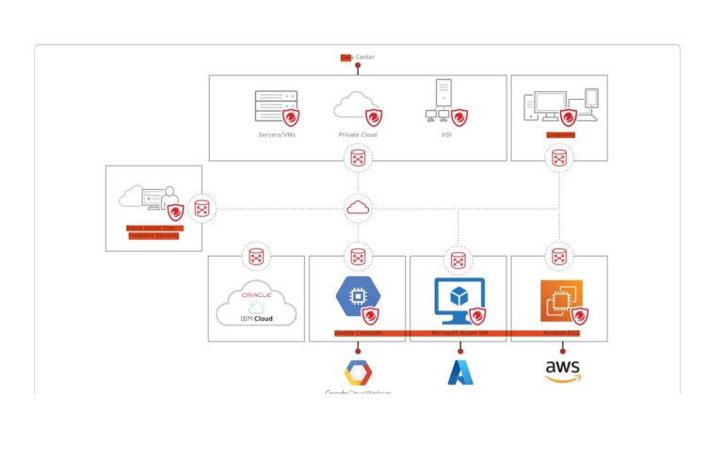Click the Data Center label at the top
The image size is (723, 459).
(x=358, y=57)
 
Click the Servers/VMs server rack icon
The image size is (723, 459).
(x=276, y=106)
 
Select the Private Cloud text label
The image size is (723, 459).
(x=357, y=135)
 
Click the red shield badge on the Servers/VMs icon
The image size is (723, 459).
(x=292, y=119)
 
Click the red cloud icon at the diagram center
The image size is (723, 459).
(x=358, y=207)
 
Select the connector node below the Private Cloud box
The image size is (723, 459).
(x=358, y=158)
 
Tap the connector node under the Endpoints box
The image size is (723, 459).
(x=559, y=158)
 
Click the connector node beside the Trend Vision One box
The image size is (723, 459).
(x=201, y=208)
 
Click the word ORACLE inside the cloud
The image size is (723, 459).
(x=257, y=294)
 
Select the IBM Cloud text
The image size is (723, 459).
(x=256, y=319)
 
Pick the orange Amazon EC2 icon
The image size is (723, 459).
(x=558, y=298)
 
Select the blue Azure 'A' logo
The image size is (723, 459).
(x=460, y=372)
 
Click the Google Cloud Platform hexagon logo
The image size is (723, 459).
(x=358, y=372)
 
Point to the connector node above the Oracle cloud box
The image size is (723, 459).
(x=256, y=256)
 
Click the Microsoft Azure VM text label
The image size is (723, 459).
(x=458, y=333)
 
